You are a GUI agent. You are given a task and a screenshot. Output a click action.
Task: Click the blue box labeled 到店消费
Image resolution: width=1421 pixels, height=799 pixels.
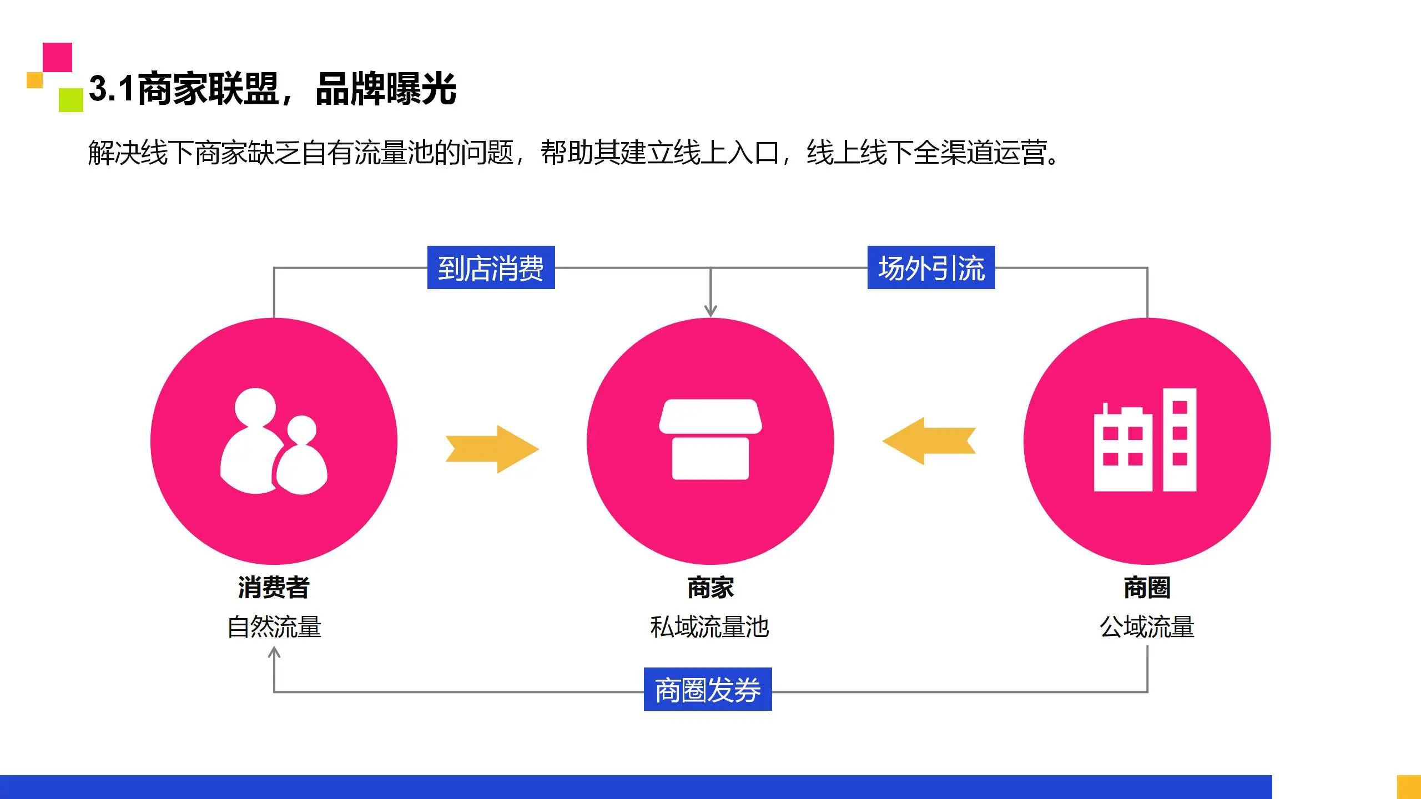click(491, 267)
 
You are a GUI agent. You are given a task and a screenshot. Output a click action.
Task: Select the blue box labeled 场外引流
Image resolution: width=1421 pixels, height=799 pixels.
click(931, 267)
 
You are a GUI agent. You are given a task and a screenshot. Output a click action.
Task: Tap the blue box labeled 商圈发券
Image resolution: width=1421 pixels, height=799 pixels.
click(708, 689)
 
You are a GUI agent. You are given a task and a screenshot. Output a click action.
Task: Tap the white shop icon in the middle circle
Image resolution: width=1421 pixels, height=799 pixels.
click(710, 439)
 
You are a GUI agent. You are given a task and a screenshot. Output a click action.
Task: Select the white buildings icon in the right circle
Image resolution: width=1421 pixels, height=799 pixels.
click(1145, 440)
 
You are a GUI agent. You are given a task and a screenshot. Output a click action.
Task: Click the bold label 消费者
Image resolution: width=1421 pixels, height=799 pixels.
click(274, 587)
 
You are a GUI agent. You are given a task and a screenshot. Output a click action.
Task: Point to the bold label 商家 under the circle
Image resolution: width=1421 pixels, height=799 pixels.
click(710, 587)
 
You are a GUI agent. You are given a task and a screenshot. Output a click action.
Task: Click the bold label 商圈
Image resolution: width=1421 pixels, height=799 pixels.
click(1147, 587)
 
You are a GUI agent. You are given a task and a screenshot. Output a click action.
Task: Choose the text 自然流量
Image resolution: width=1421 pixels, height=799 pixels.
click(274, 627)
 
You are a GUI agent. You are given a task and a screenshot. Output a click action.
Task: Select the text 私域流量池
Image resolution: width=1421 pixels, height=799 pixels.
click(709, 627)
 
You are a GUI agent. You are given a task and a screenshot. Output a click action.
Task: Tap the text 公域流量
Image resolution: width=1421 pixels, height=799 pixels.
click(1147, 627)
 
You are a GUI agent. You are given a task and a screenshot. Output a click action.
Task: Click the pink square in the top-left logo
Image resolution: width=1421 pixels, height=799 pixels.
click(58, 57)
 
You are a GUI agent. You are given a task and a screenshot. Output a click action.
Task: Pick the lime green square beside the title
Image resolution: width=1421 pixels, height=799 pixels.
click(71, 100)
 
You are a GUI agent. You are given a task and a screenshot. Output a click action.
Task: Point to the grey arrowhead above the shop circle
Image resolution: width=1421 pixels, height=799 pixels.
click(710, 310)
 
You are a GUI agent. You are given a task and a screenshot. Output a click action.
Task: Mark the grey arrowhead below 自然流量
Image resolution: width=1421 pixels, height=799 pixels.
click(274, 653)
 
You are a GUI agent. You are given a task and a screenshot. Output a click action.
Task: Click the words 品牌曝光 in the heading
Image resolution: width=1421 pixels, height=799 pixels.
click(386, 89)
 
